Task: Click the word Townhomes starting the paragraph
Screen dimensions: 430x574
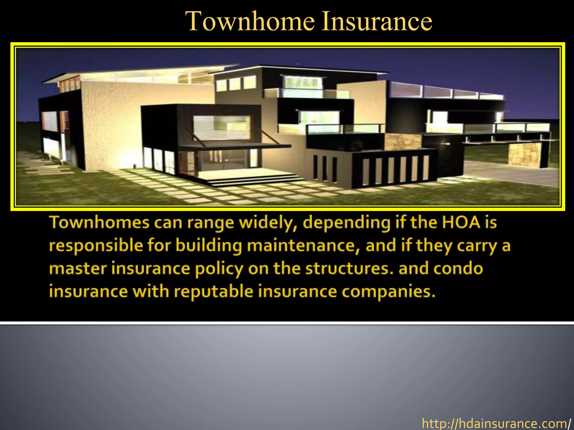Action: click(x=99, y=223)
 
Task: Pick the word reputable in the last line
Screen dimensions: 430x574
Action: click(x=214, y=292)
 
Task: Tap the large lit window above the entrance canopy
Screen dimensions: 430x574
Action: click(x=221, y=127)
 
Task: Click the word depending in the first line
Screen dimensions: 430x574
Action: click(x=346, y=223)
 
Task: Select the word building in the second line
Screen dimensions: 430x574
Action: click(x=209, y=246)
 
